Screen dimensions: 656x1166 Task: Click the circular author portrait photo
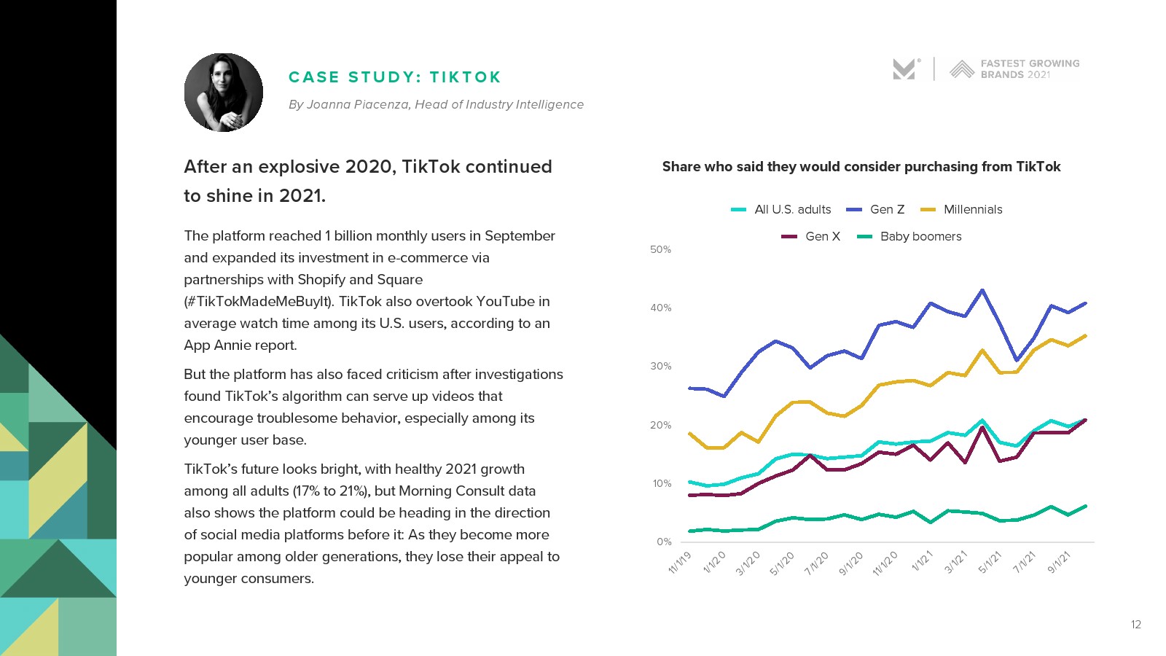(x=224, y=93)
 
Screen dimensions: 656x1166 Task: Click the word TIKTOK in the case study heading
(x=465, y=77)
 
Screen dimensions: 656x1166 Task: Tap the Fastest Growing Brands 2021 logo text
(x=1030, y=69)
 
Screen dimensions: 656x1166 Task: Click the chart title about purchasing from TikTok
(x=861, y=167)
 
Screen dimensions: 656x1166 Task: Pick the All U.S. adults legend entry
(x=792, y=210)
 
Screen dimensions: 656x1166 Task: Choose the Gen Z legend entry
(x=887, y=210)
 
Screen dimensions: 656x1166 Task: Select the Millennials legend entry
(x=973, y=210)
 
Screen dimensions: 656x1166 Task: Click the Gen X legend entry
(x=823, y=237)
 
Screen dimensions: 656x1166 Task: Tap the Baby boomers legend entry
(x=920, y=237)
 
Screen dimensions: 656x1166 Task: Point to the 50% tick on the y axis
(x=660, y=250)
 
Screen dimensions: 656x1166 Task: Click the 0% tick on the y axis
(x=663, y=542)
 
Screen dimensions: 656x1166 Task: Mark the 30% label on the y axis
(x=660, y=367)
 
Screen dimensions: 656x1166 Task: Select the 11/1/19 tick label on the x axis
(x=680, y=563)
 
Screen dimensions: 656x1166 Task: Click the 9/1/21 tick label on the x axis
(x=1060, y=563)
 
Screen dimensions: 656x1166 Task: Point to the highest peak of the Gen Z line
(x=982, y=290)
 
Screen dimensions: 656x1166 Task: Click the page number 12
(x=1135, y=625)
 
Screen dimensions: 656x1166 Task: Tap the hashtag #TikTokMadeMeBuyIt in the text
(x=259, y=302)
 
